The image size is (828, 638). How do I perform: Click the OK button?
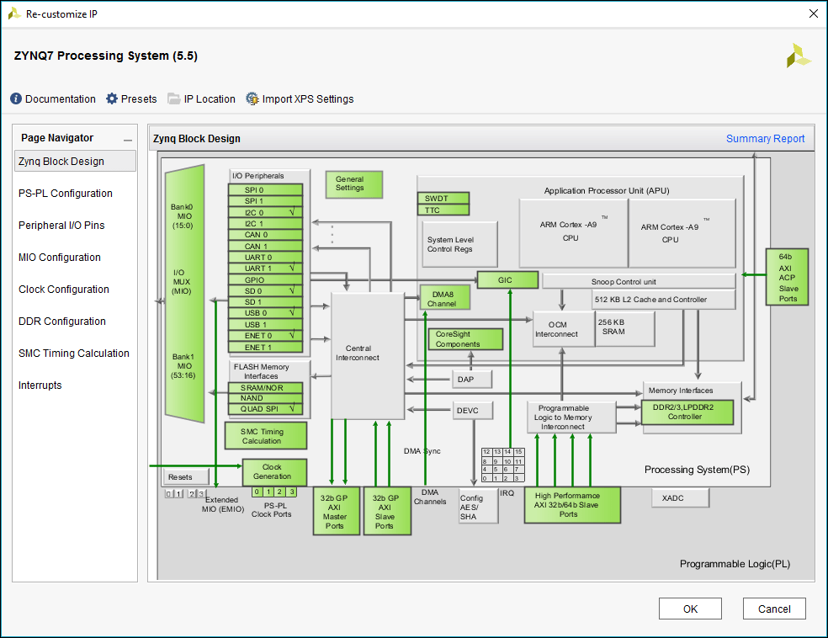click(690, 609)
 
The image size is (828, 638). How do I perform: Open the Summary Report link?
click(765, 139)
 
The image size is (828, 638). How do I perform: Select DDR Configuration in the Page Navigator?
click(61, 322)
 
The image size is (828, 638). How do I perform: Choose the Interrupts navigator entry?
click(40, 385)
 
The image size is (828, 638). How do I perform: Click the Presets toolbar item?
click(131, 99)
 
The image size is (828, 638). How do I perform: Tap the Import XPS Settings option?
click(300, 99)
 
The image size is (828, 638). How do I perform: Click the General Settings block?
click(353, 183)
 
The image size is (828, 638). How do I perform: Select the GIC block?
click(507, 279)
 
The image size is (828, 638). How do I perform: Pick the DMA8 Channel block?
click(444, 298)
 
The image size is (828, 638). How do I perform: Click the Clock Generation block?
click(273, 471)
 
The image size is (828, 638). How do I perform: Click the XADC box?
click(680, 498)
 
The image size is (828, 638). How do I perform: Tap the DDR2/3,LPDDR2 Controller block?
click(687, 412)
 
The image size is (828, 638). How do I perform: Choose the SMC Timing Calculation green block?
click(263, 435)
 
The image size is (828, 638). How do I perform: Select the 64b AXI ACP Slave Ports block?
click(787, 277)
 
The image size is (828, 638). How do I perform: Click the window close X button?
click(813, 13)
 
